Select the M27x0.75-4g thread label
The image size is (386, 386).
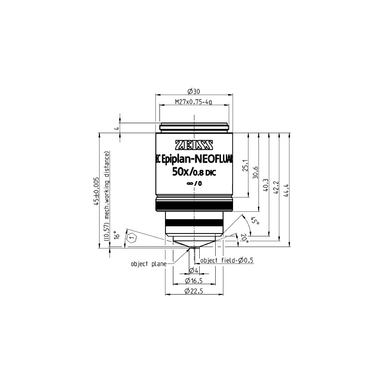pyautogui.click(x=193, y=102)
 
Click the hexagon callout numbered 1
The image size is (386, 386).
pyautogui.click(x=131, y=238)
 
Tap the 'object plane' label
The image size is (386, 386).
pyautogui.click(x=148, y=264)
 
